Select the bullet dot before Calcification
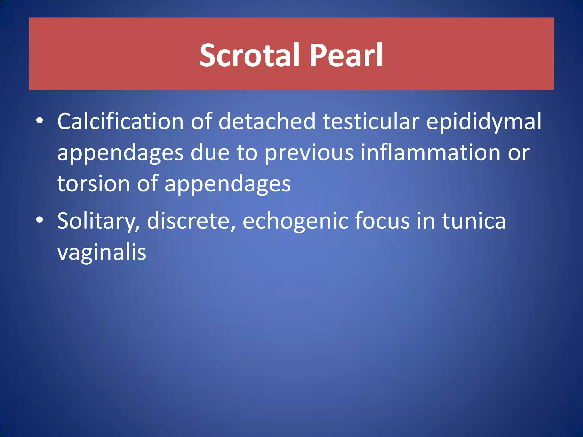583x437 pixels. (40, 121)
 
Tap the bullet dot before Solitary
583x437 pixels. (40, 220)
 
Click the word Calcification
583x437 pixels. (120, 121)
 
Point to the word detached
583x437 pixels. (267, 121)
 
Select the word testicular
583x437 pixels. (371, 121)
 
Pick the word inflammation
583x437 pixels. (430, 153)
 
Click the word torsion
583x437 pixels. (93, 184)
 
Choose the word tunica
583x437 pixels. (474, 221)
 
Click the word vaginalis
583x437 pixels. (102, 253)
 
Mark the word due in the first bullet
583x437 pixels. (210, 153)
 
